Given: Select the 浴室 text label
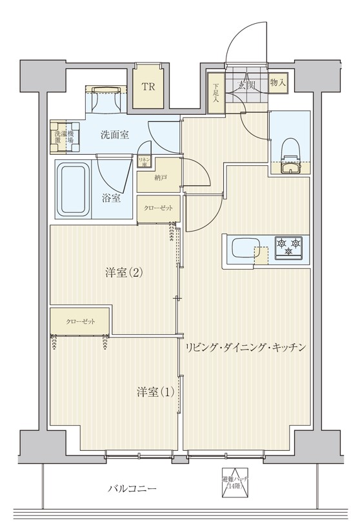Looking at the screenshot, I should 111,198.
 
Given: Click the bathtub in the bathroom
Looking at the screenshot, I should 73,190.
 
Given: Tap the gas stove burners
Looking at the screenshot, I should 288,248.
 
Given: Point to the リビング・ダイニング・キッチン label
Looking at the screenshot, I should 245,347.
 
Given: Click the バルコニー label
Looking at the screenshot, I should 132,489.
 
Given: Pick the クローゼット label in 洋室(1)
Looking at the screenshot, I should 81,321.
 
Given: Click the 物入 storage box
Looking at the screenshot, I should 278,83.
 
